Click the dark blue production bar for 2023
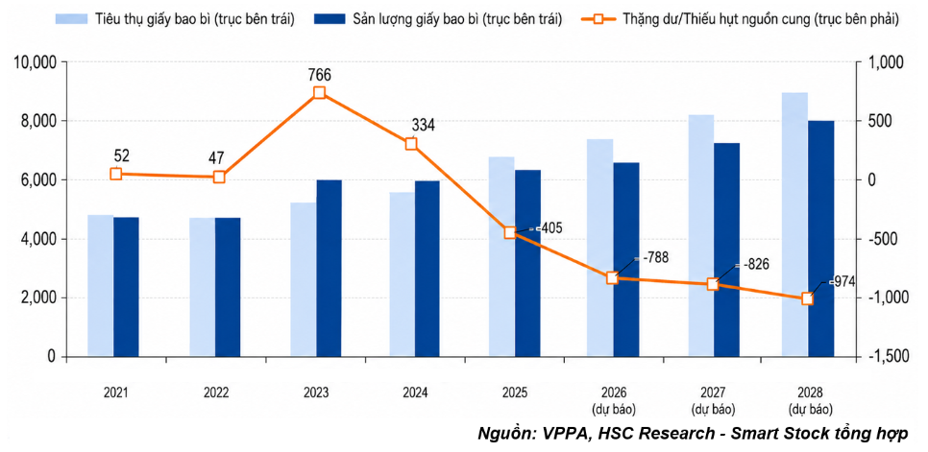330,269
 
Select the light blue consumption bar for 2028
794,225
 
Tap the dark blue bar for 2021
126,287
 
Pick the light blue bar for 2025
501,257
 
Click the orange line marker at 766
320,93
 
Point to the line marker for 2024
411,144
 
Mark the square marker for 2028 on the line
808,299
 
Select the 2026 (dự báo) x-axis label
613,400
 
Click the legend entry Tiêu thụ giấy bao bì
175,19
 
